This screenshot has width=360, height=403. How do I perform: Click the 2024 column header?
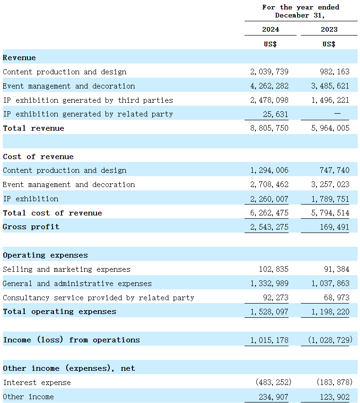271,29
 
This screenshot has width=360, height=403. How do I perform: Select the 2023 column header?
329,29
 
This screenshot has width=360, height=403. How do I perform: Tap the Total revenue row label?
34,128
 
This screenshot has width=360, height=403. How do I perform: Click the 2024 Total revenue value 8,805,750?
269,128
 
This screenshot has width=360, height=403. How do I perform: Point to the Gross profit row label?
31,227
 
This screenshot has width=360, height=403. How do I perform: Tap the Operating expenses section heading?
45,255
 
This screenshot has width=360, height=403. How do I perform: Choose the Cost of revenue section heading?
38,157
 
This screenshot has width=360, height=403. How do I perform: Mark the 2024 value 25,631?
276,114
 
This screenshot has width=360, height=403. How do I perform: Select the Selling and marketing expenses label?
67,269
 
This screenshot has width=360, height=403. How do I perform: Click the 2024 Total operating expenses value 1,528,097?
269,312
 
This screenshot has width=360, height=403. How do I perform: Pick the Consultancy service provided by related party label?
98,298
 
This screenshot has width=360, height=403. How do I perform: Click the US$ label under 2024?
271,44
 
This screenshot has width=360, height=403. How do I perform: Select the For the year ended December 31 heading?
300,11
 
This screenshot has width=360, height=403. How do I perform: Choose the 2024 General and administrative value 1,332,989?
269,284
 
